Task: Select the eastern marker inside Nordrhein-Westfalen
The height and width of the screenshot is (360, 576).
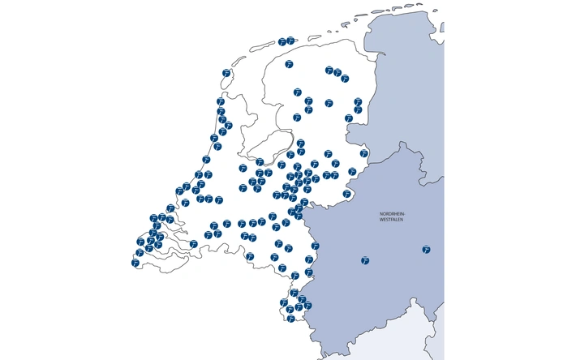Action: [426, 249]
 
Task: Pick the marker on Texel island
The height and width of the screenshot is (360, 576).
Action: [226, 74]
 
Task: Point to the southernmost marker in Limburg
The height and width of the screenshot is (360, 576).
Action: [290, 319]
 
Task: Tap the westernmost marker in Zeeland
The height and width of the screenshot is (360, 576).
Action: [135, 263]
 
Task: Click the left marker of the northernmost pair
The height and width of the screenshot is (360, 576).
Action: [282, 41]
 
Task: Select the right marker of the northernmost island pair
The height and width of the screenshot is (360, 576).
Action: [290, 40]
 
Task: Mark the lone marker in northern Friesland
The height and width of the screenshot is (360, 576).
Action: [289, 63]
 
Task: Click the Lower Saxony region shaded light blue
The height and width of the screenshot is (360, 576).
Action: [406, 81]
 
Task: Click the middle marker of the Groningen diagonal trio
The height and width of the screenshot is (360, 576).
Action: [337, 73]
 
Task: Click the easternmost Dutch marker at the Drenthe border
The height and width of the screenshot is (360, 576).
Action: [363, 153]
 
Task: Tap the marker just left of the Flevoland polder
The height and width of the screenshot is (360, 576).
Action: [241, 168]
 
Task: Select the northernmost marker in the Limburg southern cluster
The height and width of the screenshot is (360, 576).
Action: [293, 293]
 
